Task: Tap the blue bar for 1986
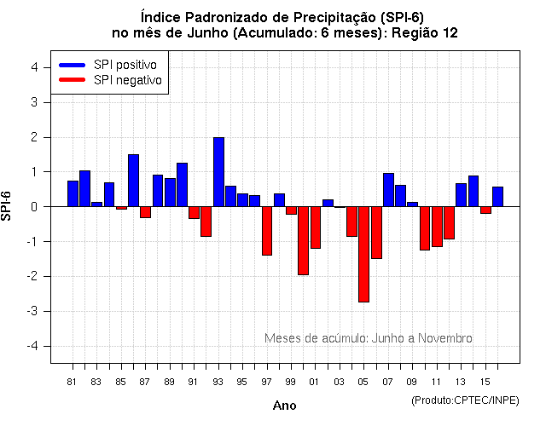click(x=133, y=181)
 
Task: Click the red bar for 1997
click(x=267, y=231)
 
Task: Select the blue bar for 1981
click(x=73, y=193)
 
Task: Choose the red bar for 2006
click(x=376, y=233)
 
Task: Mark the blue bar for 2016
click(x=497, y=197)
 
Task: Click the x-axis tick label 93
click(x=218, y=382)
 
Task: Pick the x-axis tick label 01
click(x=315, y=382)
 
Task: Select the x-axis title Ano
click(x=284, y=406)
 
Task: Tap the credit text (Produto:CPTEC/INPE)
click(x=464, y=400)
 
